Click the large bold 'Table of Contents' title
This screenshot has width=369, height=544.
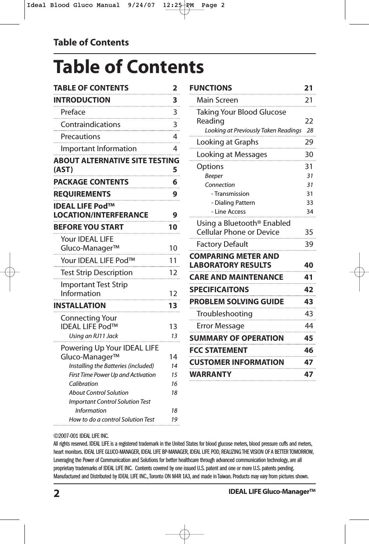(128, 67)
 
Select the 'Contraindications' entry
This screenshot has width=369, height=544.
(91, 124)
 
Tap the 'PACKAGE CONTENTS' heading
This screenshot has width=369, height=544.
(91, 182)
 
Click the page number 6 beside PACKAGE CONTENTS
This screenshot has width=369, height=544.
(175, 182)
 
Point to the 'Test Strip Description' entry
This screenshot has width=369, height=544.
(97, 272)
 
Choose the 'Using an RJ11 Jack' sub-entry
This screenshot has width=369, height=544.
(93, 336)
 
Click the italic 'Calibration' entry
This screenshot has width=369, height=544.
(83, 384)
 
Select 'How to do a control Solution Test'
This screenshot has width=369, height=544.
(111, 419)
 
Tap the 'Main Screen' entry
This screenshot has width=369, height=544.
(217, 100)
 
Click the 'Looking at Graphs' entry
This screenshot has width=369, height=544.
(227, 142)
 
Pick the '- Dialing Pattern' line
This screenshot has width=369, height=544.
(233, 202)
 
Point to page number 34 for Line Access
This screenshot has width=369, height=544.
(310, 211)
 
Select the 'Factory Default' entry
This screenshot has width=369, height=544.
(222, 244)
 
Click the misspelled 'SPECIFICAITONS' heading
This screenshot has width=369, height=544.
(219, 289)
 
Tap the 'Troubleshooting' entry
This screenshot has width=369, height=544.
(225, 314)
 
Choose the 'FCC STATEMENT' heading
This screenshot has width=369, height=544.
(218, 350)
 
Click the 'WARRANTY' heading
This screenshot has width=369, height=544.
(210, 374)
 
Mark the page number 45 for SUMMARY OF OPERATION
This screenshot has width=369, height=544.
(308, 338)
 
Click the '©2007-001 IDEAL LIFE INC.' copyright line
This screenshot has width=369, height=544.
(81, 436)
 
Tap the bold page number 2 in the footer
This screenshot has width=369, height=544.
(57, 493)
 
